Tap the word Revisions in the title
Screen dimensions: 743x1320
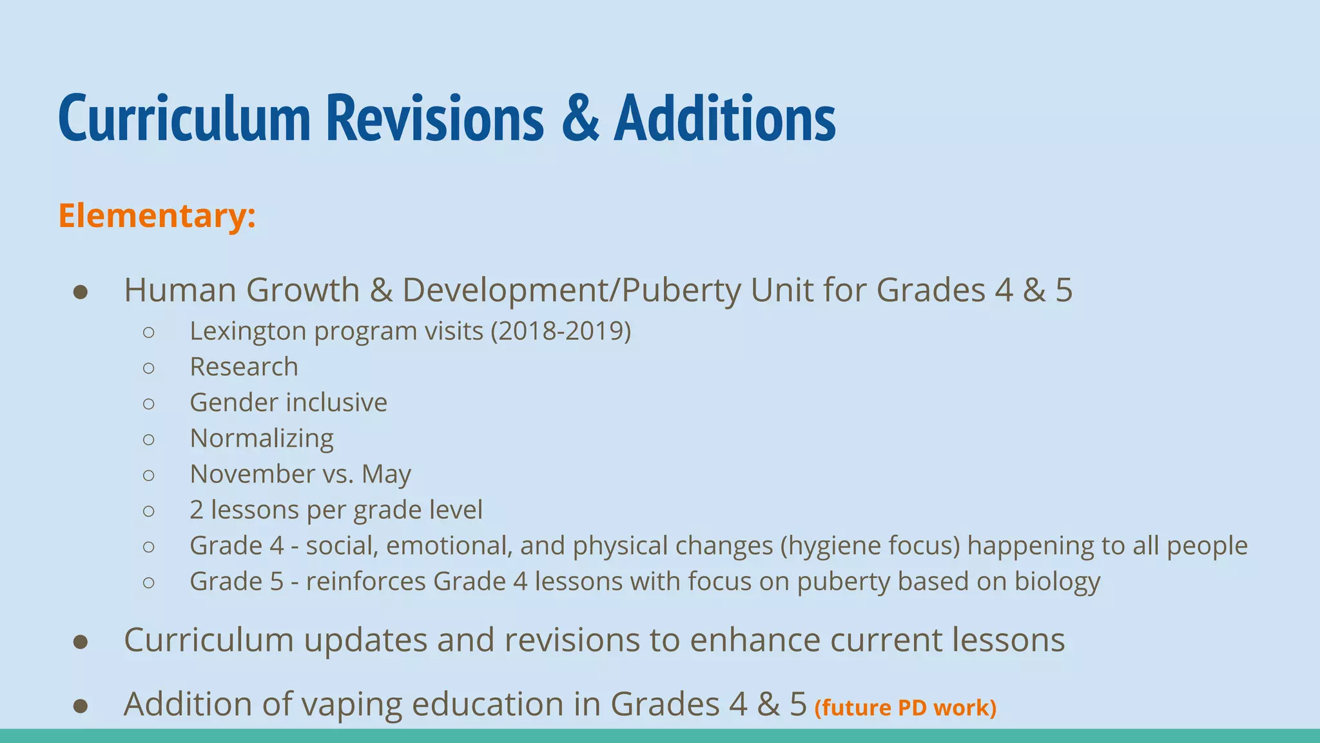(435, 117)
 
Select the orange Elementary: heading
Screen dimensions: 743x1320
(157, 215)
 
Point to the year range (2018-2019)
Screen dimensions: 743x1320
(561, 332)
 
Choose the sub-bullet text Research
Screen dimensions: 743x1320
(244, 367)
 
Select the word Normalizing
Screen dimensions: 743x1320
(262, 439)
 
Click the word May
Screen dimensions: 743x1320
(386, 475)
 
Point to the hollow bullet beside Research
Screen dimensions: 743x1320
(149, 368)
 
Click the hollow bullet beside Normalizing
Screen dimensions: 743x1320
(149, 439)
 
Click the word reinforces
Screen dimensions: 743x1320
(365, 582)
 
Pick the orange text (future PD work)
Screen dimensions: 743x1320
(906, 708)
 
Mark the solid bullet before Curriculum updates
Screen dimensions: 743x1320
(81, 641)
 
